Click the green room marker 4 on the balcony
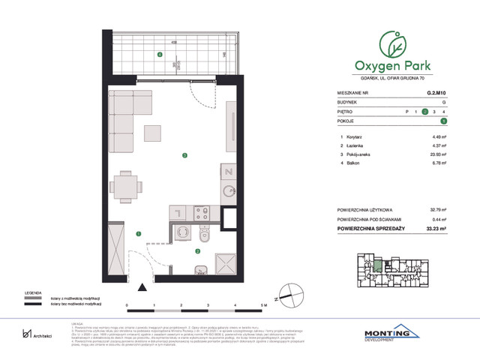(159, 55)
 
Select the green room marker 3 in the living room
(184, 155)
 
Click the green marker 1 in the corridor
(138, 233)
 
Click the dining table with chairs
(125, 185)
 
